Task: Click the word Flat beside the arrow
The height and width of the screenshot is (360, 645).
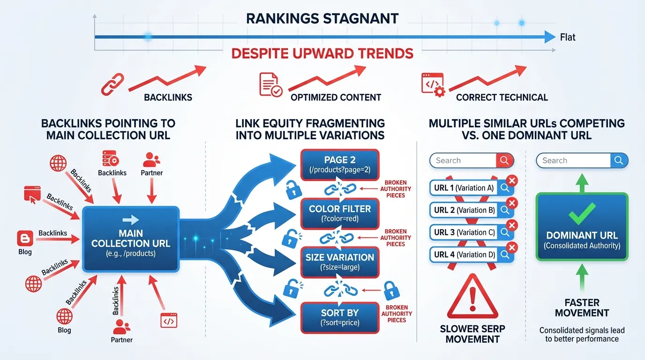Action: coord(568,37)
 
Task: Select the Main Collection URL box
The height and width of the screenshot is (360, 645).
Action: coord(130,239)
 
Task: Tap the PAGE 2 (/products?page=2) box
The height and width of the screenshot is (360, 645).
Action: coord(340,164)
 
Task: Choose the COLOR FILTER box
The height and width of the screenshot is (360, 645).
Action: coord(340,213)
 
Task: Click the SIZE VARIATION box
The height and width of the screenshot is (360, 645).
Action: coord(340,262)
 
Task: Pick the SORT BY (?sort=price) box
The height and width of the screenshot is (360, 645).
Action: coord(340,318)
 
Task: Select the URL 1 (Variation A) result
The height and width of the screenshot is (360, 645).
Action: coord(464,188)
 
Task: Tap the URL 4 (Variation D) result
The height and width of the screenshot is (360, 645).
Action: coord(464,255)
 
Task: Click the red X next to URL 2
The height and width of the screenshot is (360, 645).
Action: coord(512,203)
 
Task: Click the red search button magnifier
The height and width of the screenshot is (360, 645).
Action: coord(505,160)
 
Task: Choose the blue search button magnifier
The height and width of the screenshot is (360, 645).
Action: coord(619,160)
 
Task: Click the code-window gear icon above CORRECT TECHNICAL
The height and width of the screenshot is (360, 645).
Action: coord(433,84)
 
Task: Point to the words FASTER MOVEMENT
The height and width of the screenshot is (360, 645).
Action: coord(582,307)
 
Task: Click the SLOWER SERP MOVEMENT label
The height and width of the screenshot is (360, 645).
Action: coord(472,334)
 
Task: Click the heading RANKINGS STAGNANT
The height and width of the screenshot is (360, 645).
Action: coord(322,19)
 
